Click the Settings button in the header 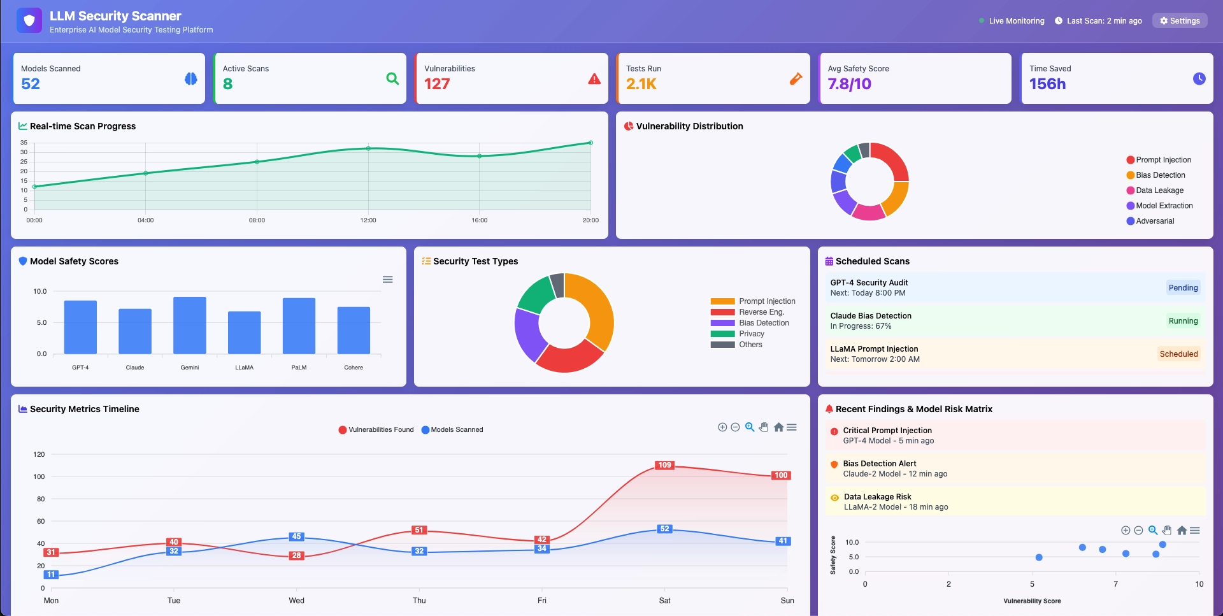pos(1180,21)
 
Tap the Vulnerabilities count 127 pos(437,84)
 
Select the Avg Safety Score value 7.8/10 pos(849,84)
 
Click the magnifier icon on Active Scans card pos(392,78)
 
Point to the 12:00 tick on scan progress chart pos(368,220)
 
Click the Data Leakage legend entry pos(1159,190)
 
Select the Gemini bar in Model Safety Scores pos(190,326)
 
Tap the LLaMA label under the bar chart pos(244,368)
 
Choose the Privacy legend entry pos(751,334)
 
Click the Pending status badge pos(1183,288)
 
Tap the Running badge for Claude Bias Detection pos(1183,321)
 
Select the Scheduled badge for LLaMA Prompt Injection pos(1178,354)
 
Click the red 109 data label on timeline pos(664,465)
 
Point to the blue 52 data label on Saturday pos(664,529)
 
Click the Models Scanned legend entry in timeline pos(456,430)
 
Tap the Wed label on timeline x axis pos(296,601)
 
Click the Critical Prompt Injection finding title pos(887,431)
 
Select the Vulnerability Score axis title pos(1032,601)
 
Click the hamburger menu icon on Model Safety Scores pos(387,280)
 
